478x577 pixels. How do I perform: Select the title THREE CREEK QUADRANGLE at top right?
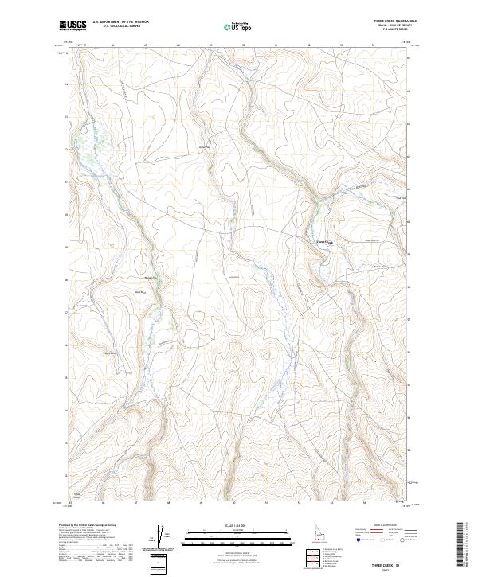click(390, 21)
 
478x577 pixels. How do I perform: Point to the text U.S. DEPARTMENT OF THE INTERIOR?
click(120, 22)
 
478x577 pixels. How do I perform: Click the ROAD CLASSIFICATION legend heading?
click(388, 527)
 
